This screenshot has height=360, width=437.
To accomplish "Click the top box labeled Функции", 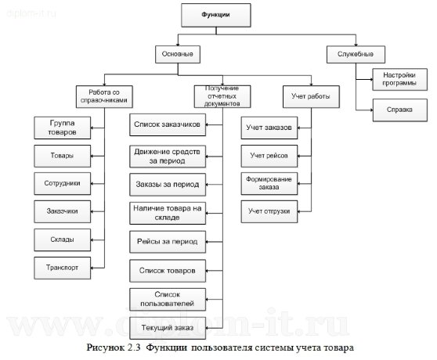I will [215, 15].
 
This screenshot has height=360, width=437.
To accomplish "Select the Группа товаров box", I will [62, 127].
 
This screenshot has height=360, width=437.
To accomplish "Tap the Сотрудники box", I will [62, 182].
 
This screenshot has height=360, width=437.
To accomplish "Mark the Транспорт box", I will [62, 266].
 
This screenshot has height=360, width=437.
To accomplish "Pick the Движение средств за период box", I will [168, 155].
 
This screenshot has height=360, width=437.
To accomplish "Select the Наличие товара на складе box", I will [168, 211].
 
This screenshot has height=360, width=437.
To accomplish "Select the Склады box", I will [62, 239].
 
